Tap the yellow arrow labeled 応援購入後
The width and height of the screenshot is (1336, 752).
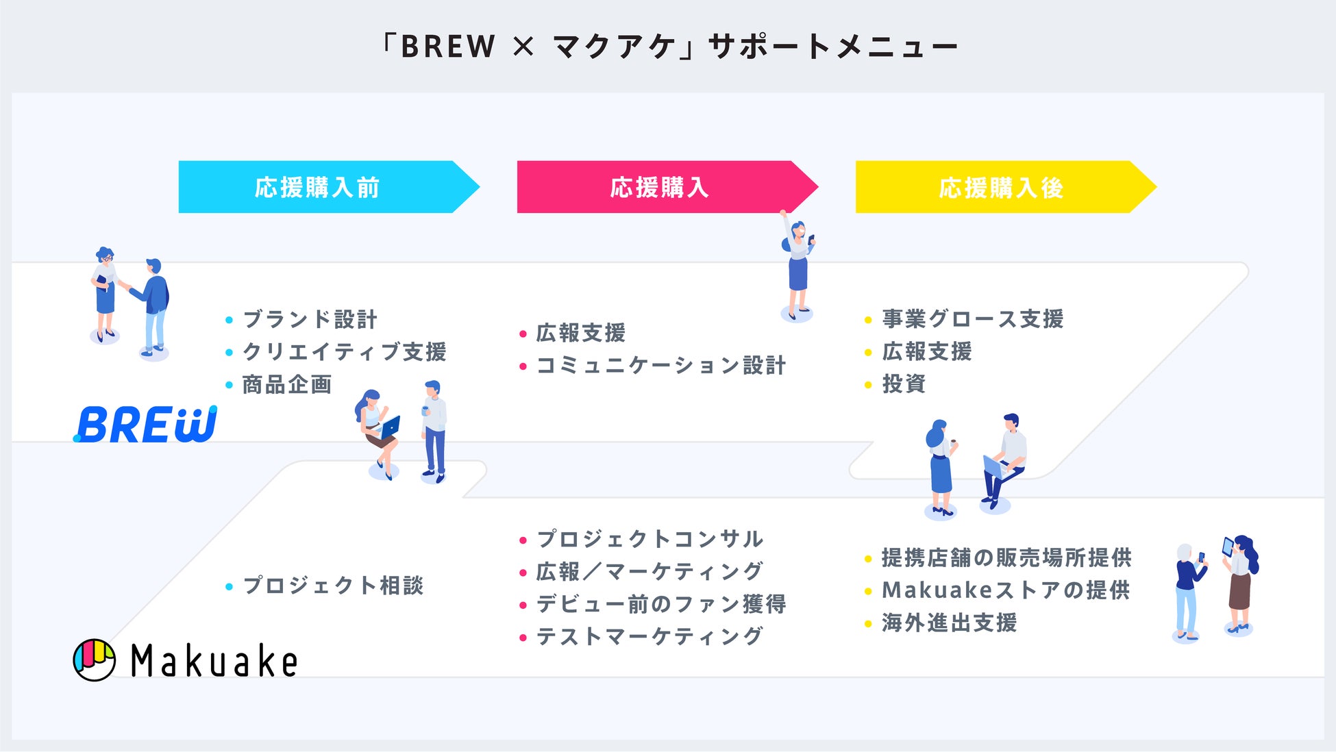pyautogui.click(x=1000, y=187)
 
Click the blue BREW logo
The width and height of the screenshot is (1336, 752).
pyautogui.click(x=146, y=425)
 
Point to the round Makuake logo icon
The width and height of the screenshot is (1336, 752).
pyautogui.click(x=94, y=660)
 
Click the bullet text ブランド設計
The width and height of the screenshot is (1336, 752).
pyautogui.click(x=310, y=319)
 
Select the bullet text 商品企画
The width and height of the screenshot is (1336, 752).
pyautogui.click(x=287, y=384)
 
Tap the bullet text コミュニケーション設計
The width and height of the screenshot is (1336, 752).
pyautogui.click(x=660, y=366)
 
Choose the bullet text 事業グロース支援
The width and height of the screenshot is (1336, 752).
pyautogui.click(x=972, y=318)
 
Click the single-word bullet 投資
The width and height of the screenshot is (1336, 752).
pyautogui.click(x=904, y=384)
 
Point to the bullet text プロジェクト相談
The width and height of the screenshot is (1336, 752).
pyautogui.click(x=333, y=586)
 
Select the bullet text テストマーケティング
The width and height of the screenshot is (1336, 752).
pyautogui.click(x=649, y=636)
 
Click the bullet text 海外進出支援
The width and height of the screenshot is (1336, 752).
pyautogui.click(x=949, y=623)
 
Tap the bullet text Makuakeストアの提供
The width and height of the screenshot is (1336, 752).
pyautogui.click(x=1006, y=590)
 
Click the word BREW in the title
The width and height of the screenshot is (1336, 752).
pyautogui.click(x=447, y=47)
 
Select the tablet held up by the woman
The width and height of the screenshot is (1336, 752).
pyautogui.click(x=1228, y=547)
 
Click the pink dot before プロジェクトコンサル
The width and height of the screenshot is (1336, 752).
pyautogui.click(x=523, y=540)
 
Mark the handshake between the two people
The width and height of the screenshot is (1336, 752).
pyautogui.click(x=125, y=285)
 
